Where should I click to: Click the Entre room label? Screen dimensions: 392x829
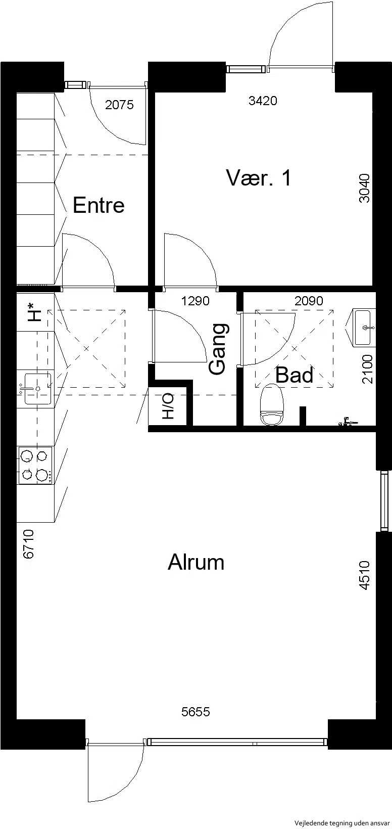point(99,205)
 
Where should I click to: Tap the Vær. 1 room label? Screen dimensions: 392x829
point(259,177)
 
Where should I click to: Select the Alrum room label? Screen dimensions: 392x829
point(196,562)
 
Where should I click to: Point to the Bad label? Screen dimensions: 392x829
point(295,375)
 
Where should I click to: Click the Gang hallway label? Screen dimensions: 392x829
point(217,349)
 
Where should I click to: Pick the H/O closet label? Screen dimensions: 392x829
point(168,406)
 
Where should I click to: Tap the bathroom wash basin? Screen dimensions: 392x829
point(363,328)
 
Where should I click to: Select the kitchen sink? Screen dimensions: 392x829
point(37,389)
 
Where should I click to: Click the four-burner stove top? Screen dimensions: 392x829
point(36,465)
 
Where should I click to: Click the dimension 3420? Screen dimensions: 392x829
point(263,100)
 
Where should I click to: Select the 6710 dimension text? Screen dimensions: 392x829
point(28,544)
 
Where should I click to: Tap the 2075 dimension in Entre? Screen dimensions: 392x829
point(119,105)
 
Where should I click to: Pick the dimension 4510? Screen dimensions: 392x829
point(364,575)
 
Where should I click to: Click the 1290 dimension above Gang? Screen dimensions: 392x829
point(195,301)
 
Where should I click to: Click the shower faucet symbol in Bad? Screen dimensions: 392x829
point(347,422)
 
